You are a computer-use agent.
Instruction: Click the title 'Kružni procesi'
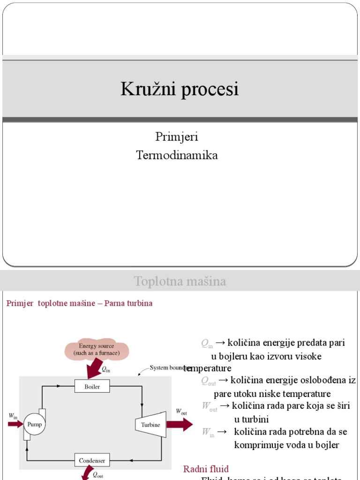pos(180,89)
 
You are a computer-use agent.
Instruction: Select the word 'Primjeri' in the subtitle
pos(177,137)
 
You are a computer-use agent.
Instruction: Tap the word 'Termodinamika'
pos(177,155)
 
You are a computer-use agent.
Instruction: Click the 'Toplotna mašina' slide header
pos(180,281)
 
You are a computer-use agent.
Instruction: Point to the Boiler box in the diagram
pos(92,387)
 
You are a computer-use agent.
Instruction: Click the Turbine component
pos(150,424)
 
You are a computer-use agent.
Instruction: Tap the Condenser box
pos(92,460)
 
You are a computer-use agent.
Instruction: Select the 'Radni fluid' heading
pos(206,469)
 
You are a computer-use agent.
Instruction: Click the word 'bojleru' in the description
pos(233,356)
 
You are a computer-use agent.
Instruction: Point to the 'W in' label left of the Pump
pos(13,416)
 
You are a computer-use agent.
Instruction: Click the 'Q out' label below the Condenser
pos(98,474)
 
